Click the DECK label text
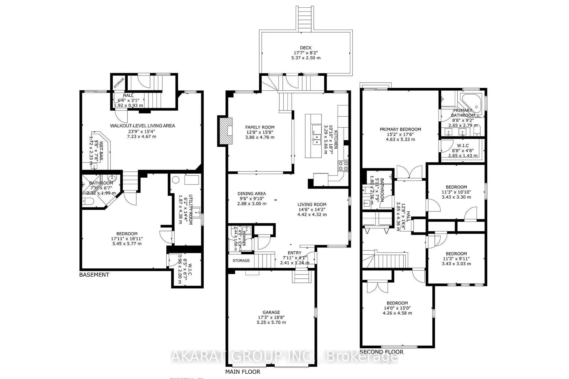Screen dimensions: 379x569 (x=306, y=48)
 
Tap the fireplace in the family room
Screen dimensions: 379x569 (x=226, y=131)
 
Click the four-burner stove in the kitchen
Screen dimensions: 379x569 (x=343, y=166)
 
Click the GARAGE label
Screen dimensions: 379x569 (x=271, y=312)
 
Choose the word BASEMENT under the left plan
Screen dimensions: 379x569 (x=94, y=275)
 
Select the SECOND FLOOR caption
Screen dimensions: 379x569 (x=381, y=352)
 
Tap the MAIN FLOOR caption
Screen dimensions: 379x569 (x=243, y=372)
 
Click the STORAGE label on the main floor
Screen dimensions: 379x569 (x=241, y=261)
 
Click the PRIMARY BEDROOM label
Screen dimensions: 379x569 (x=400, y=129)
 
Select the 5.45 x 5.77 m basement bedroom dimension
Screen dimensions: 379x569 (x=127, y=244)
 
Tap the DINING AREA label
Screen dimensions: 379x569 (x=252, y=194)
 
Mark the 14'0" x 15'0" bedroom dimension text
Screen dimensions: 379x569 (x=397, y=308)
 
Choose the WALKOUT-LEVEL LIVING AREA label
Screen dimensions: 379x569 (x=143, y=126)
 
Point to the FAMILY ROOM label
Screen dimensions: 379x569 (x=260, y=127)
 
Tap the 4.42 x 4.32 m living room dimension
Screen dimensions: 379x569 (x=312, y=214)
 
